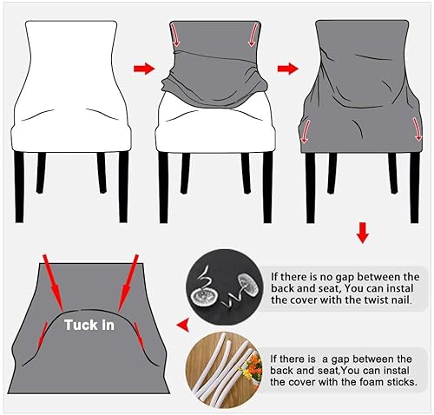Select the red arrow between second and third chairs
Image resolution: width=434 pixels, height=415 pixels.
pyautogui.click(x=285, y=67)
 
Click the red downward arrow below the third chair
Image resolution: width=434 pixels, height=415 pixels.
pyautogui.click(x=363, y=234)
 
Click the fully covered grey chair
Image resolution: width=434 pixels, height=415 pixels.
pyautogui.click(x=357, y=96)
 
